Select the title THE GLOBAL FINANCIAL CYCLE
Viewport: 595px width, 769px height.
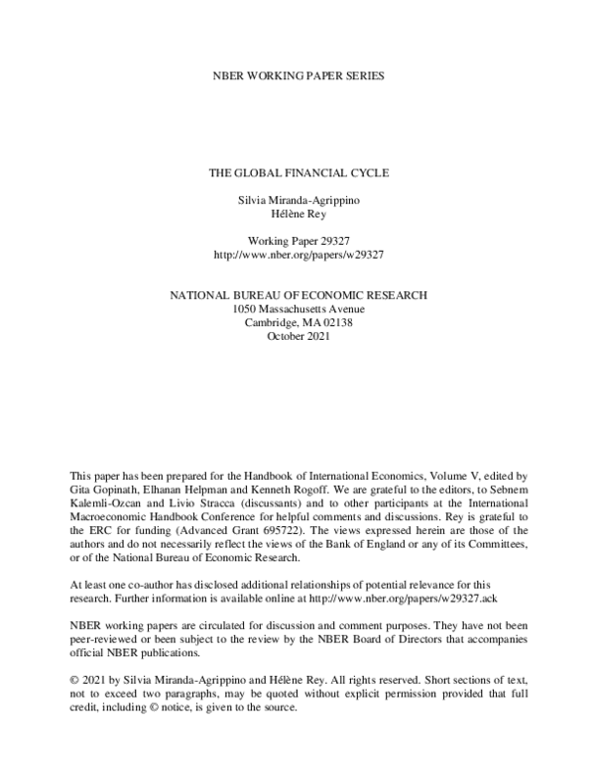click(x=298, y=172)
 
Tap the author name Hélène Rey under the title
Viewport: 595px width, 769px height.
click(x=298, y=215)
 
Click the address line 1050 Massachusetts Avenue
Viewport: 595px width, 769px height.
click(x=298, y=308)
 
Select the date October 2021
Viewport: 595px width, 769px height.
click(x=298, y=336)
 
